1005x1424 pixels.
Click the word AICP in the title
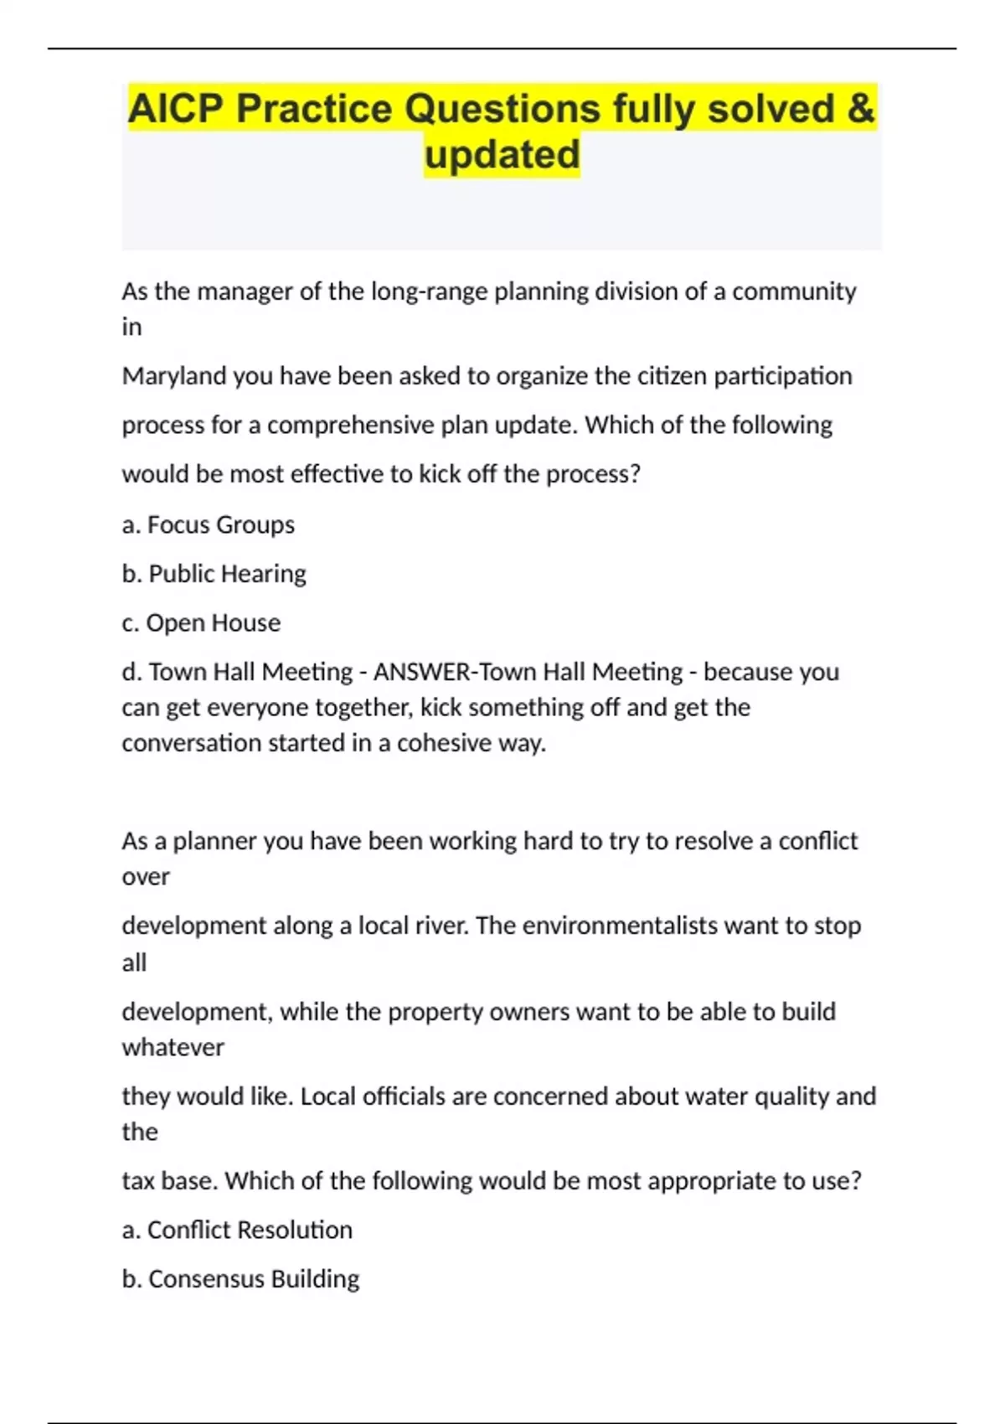tap(176, 110)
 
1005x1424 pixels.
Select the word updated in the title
tap(502, 155)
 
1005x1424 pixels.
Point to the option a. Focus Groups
tap(209, 525)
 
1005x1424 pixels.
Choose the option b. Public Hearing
tap(214, 574)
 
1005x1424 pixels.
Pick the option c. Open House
tap(201, 623)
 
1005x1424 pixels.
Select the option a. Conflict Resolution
tap(237, 1230)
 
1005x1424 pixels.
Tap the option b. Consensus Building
tap(240, 1279)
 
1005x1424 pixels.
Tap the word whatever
tap(173, 1047)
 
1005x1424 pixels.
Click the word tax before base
tap(137, 1181)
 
